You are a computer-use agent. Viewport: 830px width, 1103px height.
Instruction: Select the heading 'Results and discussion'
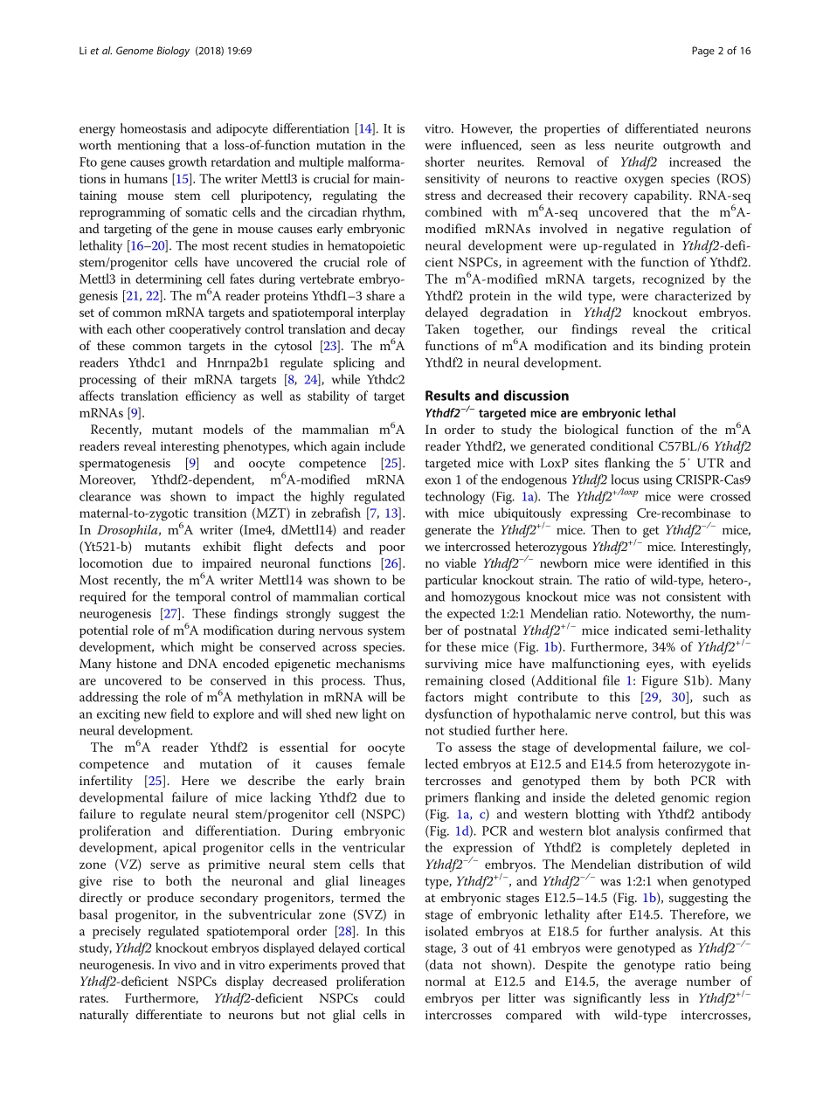point(496,396)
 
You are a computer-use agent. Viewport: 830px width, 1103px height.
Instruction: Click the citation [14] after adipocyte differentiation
point(370,129)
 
